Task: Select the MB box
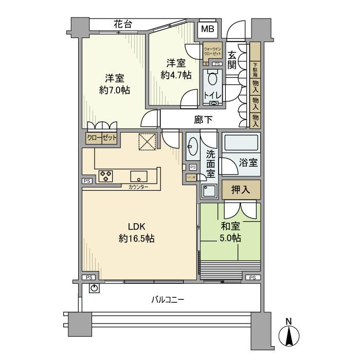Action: click(208, 29)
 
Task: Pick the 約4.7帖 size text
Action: click(175, 75)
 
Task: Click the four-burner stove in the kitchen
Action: click(106, 175)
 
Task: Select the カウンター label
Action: click(138, 187)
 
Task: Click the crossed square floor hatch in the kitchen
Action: click(148, 141)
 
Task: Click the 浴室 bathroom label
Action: click(248, 163)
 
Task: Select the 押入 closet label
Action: click(241, 190)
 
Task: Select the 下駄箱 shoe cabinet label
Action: click(255, 67)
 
